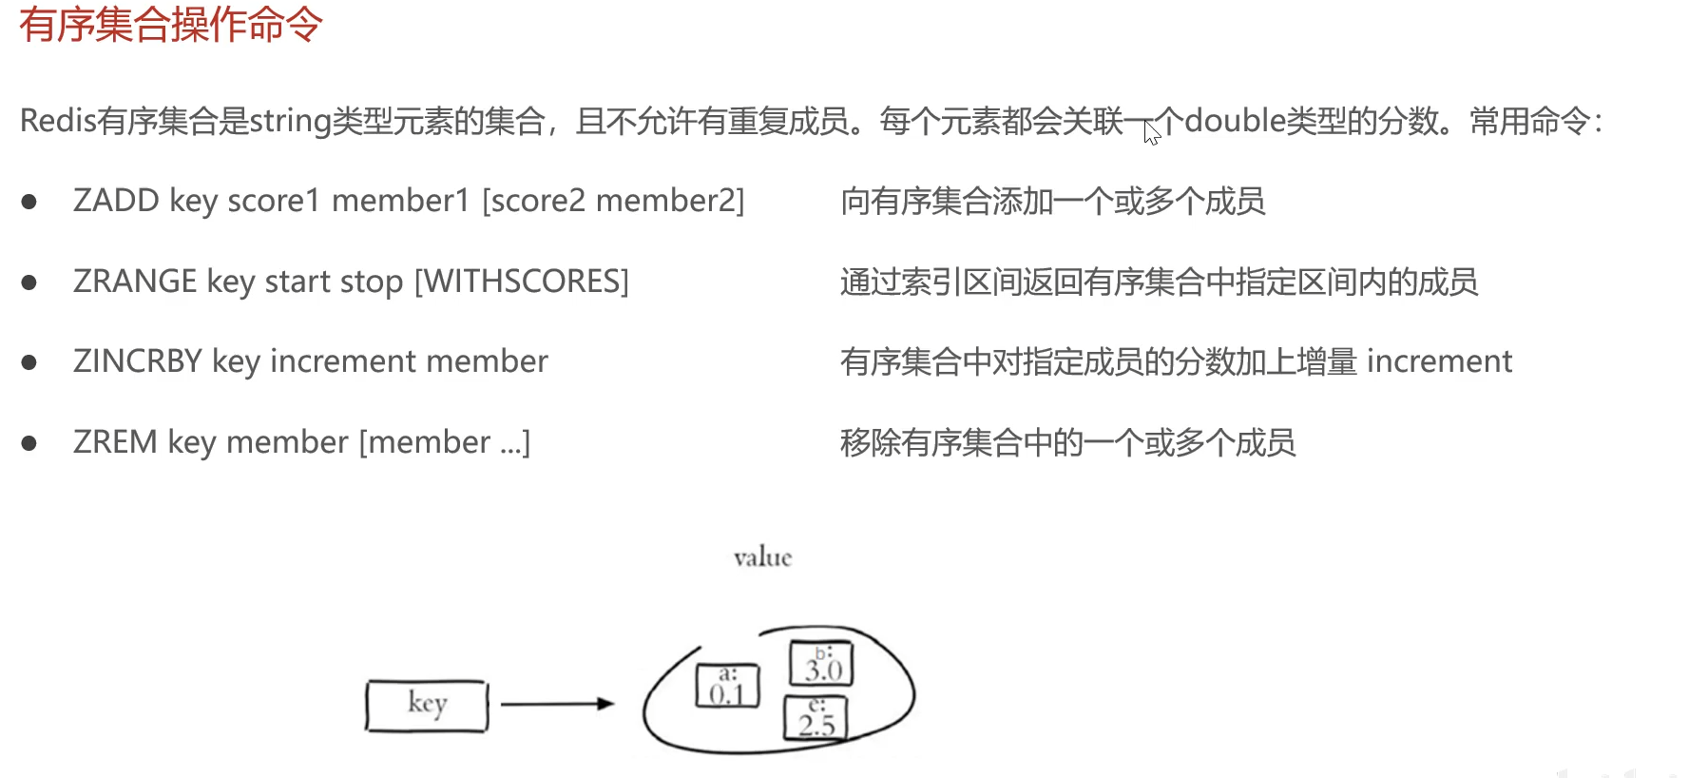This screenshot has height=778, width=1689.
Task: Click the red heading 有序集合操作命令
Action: click(171, 24)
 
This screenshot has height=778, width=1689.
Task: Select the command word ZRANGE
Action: click(135, 282)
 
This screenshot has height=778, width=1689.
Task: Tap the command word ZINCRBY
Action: click(138, 361)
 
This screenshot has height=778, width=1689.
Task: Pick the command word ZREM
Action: click(115, 442)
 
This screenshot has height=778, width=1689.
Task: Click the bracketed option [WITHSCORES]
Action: click(522, 282)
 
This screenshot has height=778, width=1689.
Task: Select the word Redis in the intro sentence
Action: click(58, 121)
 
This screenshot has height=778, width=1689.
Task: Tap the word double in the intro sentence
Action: click(1235, 121)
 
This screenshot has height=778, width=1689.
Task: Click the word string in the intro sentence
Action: click(290, 122)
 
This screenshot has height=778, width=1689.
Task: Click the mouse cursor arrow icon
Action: click(1151, 133)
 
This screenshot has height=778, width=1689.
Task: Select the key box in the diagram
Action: click(427, 706)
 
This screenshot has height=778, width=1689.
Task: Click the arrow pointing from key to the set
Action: click(557, 704)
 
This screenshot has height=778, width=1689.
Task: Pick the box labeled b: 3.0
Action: click(822, 663)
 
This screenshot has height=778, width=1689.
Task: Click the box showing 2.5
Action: click(816, 718)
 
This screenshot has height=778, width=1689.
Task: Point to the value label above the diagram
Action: click(762, 557)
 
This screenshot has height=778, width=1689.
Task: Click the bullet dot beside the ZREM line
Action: click(29, 443)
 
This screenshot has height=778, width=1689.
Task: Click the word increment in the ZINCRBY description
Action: click(1439, 361)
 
